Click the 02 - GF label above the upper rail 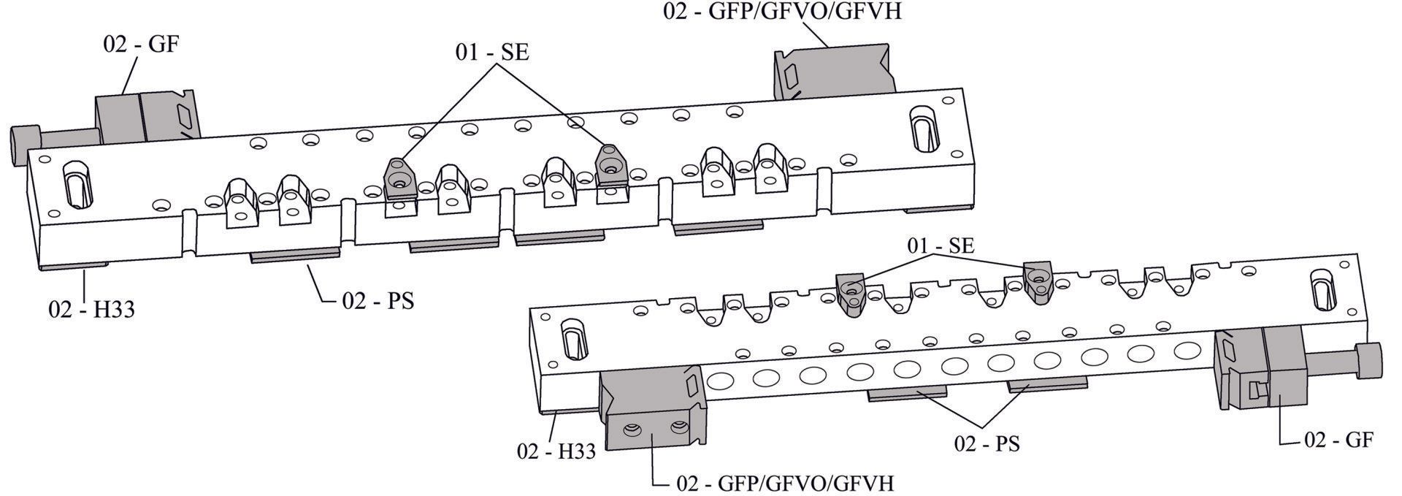(141, 44)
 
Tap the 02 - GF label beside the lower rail (1338, 440)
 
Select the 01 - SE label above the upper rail (492, 53)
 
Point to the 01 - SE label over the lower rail (941, 245)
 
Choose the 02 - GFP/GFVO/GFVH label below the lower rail (786, 483)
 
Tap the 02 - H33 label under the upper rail (91, 309)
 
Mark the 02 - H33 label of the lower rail (556, 451)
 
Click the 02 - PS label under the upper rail (378, 301)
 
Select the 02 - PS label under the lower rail (987, 443)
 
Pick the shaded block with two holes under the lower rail (653, 409)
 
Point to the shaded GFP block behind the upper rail (835, 71)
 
